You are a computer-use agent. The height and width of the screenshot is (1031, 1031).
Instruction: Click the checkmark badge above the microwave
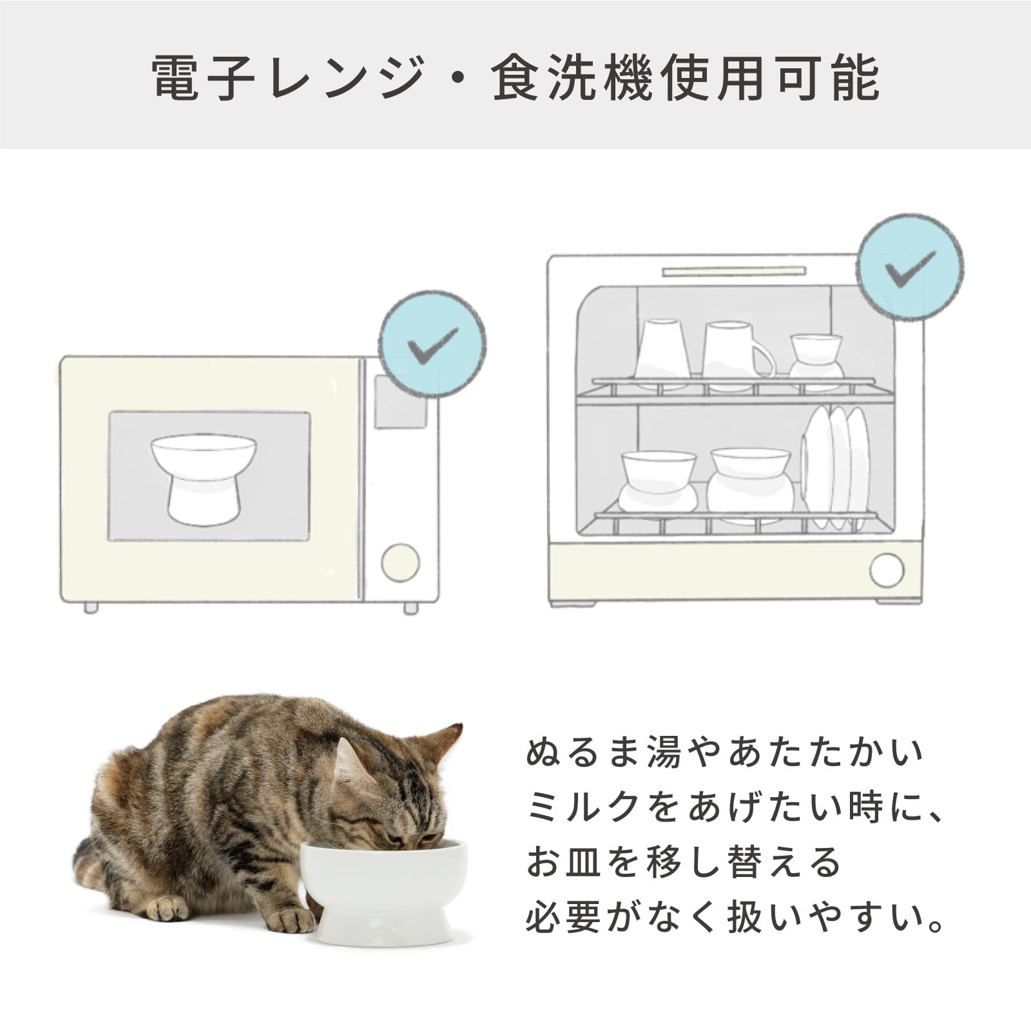[x=432, y=344]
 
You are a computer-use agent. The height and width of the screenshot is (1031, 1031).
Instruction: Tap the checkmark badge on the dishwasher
[x=911, y=266]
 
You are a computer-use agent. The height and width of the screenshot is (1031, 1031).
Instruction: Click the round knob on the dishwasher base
[x=887, y=570]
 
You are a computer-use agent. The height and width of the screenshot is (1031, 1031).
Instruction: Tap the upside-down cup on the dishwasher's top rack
[x=662, y=353]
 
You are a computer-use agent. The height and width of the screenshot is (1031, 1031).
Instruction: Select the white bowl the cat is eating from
[x=384, y=891]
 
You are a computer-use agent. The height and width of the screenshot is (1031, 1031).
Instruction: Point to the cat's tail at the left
[x=90, y=863]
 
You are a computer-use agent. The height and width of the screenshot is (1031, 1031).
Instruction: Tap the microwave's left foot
[x=92, y=608]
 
